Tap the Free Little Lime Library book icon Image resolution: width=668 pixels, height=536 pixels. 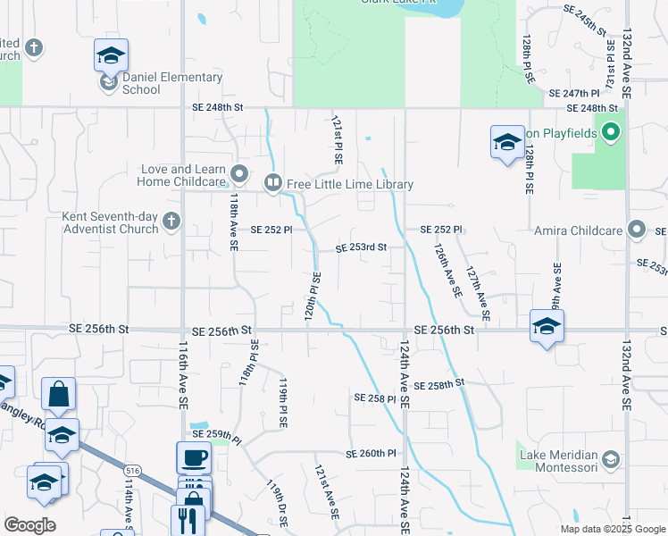272,184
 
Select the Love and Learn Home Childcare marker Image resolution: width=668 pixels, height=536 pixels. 238,172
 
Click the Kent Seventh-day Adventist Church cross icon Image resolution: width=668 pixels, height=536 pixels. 171,221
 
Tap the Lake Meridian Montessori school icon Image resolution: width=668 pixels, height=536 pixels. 611,460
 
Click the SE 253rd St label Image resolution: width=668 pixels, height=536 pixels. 361,247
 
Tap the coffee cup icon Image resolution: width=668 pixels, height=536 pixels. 194,458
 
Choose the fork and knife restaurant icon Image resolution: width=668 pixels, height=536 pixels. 188,519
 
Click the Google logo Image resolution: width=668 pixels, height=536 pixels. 30,525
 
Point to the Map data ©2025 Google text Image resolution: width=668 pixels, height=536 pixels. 613,528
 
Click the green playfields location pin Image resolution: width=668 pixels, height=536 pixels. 611,134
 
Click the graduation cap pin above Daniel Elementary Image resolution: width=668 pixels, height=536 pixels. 111,55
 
